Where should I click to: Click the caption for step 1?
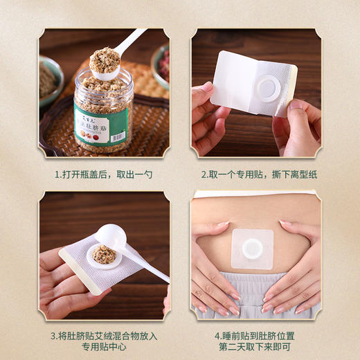tap(104, 175)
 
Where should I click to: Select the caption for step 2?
tap(255, 175)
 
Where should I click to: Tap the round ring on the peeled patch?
tap(269, 87)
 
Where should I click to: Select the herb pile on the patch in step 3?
tap(105, 254)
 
